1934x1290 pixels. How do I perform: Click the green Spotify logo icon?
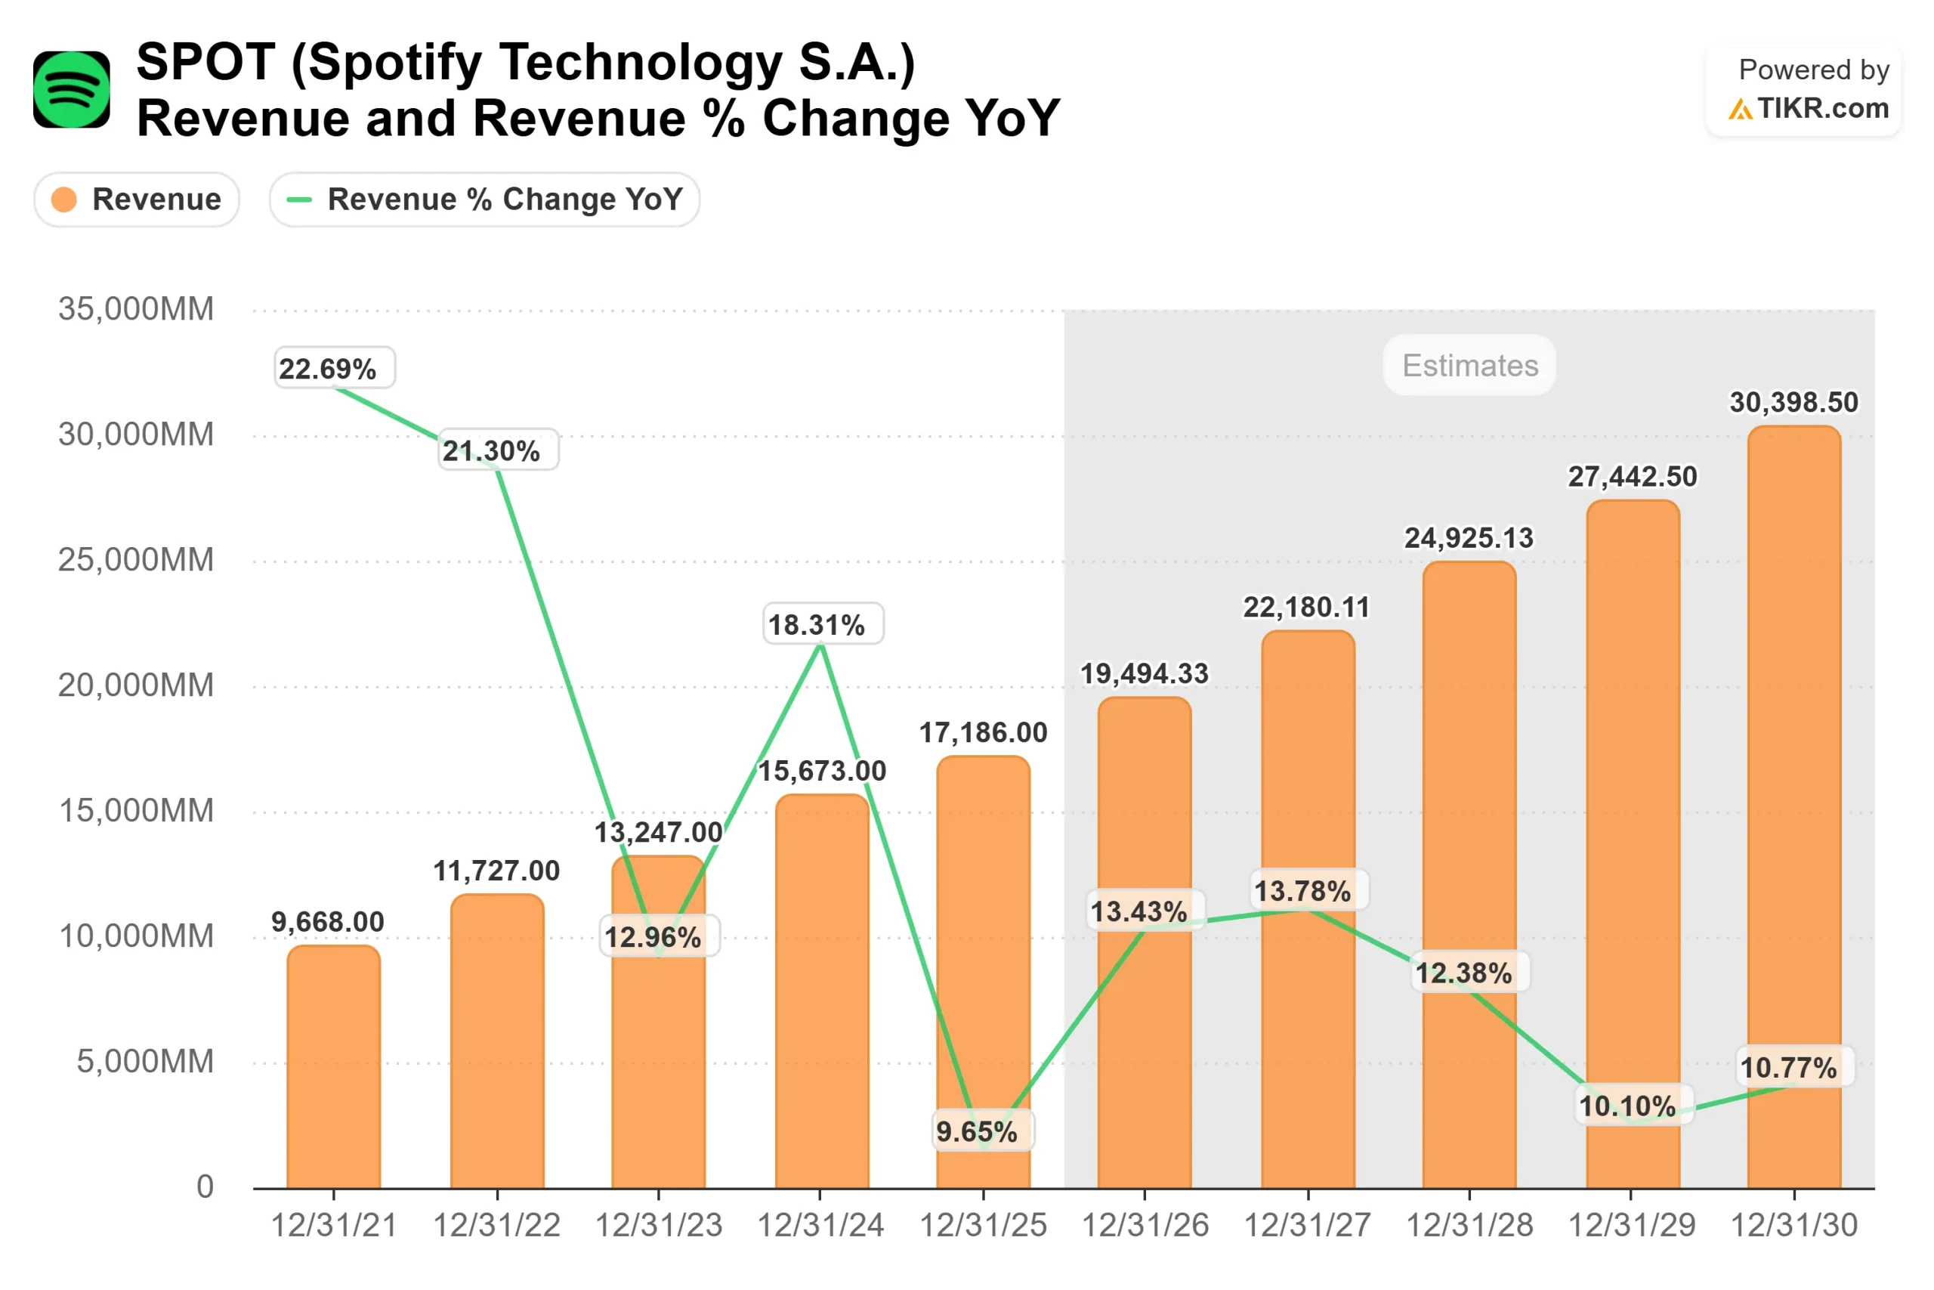click(x=72, y=90)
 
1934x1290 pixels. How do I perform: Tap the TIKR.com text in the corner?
click(x=1822, y=109)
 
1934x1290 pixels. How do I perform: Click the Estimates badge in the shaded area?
click(x=1469, y=365)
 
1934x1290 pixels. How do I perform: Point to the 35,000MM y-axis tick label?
click(x=136, y=309)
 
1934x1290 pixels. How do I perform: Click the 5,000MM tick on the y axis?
click(x=145, y=1062)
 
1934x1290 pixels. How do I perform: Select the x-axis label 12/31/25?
click(x=983, y=1226)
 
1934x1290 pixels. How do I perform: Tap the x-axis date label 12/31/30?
click(x=1793, y=1226)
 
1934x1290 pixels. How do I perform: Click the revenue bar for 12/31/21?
click(x=334, y=1069)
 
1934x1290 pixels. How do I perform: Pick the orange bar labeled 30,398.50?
click(x=1793, y=806)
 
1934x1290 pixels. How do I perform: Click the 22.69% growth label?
click(x=327, y=369)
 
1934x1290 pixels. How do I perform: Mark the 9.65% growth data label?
click(x=977, y=1132)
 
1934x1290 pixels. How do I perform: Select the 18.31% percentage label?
click(x=817, y=625)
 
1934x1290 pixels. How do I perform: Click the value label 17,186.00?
click(x=983, y=733)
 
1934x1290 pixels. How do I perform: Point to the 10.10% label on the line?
click(x=1627, y=1106)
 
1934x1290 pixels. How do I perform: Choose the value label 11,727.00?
click(x=496, y=871)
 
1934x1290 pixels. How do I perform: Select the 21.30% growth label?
click(x=492, y=451)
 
